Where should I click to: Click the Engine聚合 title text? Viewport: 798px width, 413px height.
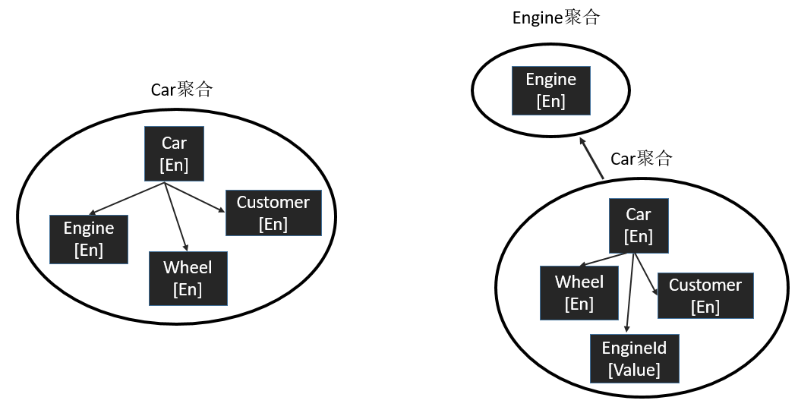click(x=556, y=17)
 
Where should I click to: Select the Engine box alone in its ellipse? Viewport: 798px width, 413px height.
click(x=550, y=90)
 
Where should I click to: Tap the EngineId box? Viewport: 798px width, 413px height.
click(x=634, y=358)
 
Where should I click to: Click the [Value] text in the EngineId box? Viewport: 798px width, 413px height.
click(x=634, y=370)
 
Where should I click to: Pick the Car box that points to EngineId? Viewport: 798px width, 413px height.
click(x=639, y=225)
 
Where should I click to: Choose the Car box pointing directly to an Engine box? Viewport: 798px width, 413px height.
click(x=174, y=154)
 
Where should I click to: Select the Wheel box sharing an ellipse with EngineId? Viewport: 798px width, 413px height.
click(x=579, y=293)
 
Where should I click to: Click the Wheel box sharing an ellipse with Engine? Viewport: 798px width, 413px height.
click(x=188, y=279)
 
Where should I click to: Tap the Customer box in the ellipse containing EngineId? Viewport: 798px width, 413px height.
click(x=705, y=295)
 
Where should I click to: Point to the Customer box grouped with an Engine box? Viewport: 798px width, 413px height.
click(x=273, y=213)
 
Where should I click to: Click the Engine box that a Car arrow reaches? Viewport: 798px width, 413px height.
click(x=88, y=239)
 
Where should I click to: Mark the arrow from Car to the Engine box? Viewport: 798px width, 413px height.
click(x=127, y=199)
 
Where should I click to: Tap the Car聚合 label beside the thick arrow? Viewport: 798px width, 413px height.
click(x=641, y=159)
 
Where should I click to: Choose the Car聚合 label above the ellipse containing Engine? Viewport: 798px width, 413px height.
click(x=181, y=90)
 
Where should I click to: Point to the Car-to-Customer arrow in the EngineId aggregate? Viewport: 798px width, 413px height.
click(x=645, y=274)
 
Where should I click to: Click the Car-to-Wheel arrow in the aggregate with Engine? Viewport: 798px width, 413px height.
click(x=175, y=216)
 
